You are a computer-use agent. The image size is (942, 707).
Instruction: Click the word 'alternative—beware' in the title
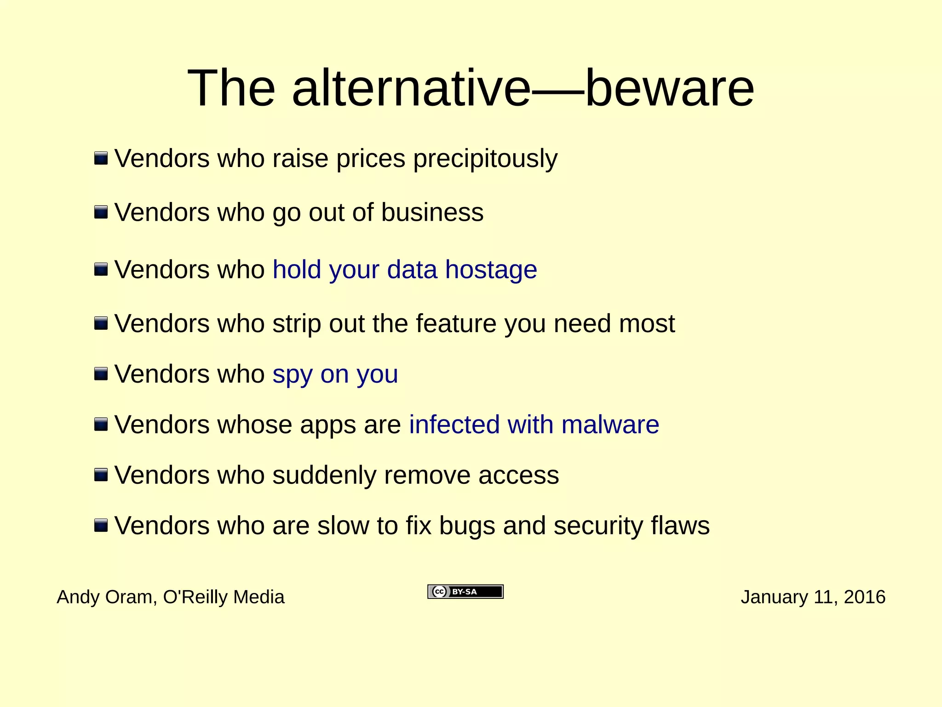(523, 88)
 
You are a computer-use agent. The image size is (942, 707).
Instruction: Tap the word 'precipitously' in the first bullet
(485, 159)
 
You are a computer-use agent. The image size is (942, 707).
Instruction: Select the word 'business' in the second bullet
(432, 213)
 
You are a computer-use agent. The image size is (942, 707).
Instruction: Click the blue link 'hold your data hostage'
(405, 270)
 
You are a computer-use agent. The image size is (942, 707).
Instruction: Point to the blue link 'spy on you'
(335, 374)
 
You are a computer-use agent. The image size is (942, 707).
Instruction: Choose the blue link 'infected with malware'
(534, 425)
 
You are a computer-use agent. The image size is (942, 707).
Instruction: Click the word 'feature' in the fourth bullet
(456, 324)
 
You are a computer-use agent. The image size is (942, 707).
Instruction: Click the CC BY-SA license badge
(465, 592)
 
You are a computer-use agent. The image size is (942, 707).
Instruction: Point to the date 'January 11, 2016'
(813, 597)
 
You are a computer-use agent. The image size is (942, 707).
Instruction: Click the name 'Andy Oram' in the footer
(104, 597)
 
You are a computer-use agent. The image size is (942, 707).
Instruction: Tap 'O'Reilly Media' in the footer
(224, 597)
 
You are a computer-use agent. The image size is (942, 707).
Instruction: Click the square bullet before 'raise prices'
(101, 159)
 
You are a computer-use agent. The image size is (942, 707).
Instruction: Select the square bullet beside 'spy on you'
(101, 374)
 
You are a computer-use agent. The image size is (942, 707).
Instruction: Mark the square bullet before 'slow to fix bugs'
(101, 525)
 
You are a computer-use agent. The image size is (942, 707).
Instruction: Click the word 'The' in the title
(231, 88)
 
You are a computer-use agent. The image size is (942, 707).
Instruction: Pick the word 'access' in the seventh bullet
(518, 475)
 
